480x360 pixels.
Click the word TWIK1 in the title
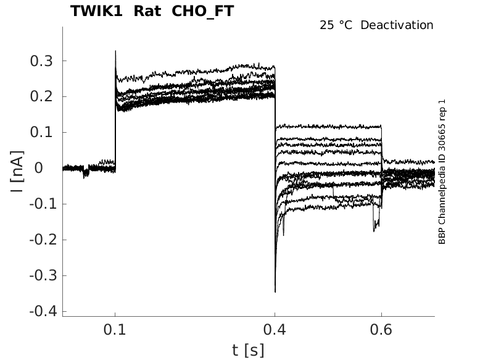[96, 11]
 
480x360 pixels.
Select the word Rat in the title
[147, 11]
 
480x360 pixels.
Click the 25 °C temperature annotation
[337, 25]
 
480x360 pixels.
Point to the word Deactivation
[397, 25]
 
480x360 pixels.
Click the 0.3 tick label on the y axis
[43, 61]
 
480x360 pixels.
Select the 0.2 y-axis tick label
[43, 96]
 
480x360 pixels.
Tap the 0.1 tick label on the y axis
[43, 132]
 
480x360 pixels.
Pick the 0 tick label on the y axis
[51, 168]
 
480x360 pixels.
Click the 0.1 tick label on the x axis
[115, 331]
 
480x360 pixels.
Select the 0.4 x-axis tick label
[275, 331]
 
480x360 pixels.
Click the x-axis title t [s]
[248, 350]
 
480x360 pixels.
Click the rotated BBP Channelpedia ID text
[442, 171]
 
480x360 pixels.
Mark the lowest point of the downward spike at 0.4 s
[275, 291]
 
